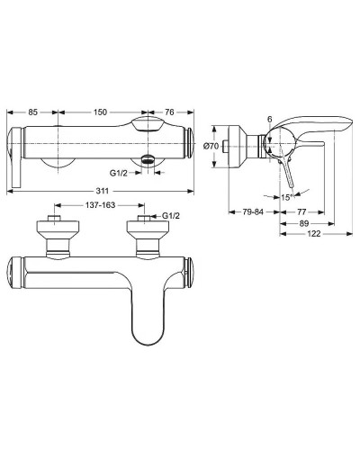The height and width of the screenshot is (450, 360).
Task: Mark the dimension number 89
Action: point(305,224)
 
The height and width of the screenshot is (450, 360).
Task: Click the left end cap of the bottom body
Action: point(14,271)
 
